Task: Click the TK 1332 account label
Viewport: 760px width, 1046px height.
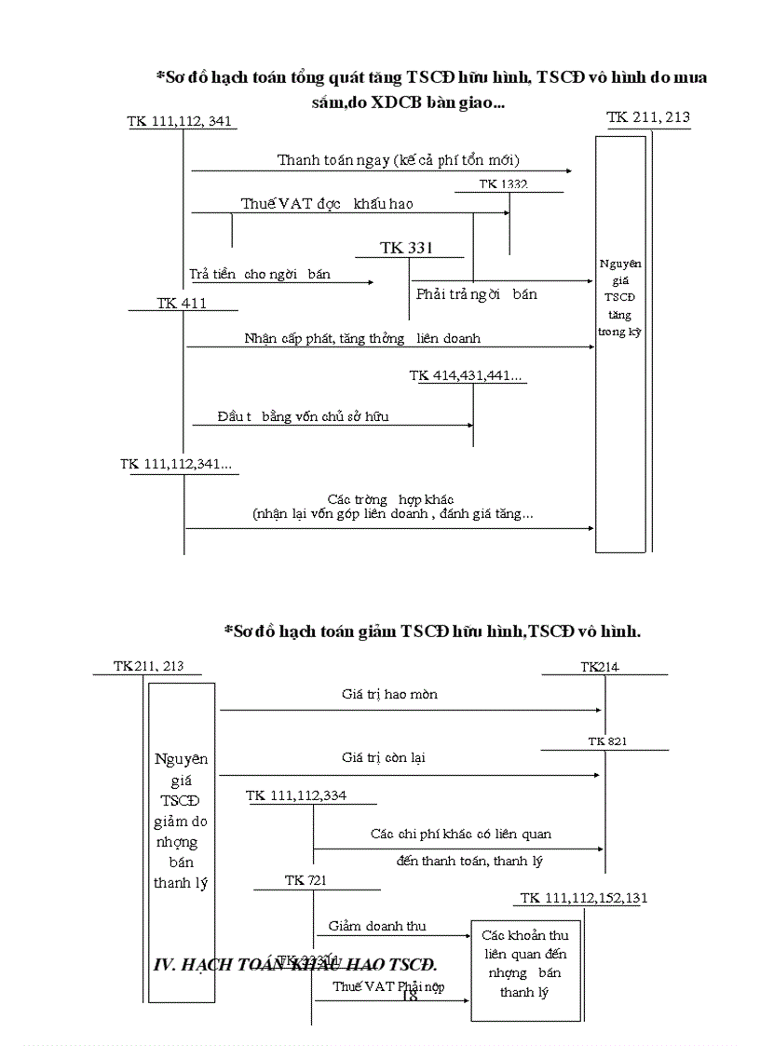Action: (x=503, y=184)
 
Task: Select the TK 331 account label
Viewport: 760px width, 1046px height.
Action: (x=406, y=248)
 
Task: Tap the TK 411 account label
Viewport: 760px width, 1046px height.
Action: (x=182, y=303)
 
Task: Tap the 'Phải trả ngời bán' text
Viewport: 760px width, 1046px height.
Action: (x=476, y=294)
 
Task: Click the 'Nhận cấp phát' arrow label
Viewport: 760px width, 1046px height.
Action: (x=362, y=338)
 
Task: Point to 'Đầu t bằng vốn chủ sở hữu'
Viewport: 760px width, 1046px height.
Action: (x=303, y=416)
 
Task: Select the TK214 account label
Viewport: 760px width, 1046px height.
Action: (x=600, y=666)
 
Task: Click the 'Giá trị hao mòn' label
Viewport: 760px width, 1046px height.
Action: (x=389, y=694)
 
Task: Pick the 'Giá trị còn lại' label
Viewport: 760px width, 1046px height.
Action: (x=384, y=758)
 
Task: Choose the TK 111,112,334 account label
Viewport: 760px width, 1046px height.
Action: (x=297, y=795)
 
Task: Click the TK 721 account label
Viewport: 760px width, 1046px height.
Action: (x=305, y=879)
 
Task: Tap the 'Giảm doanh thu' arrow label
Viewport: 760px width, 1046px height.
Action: (x=377, y=926)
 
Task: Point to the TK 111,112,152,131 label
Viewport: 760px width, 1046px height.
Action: (x=584, y=898)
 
